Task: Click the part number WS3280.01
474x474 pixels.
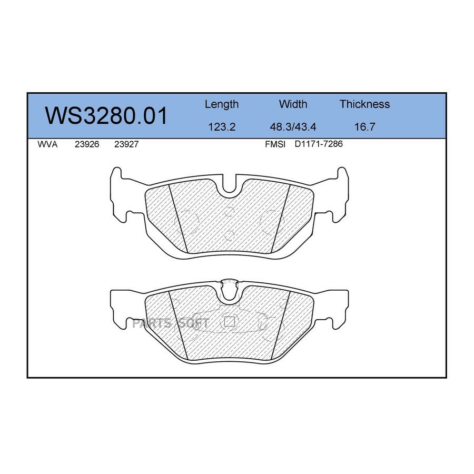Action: pos(106,115)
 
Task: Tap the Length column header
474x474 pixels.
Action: pos(222,105)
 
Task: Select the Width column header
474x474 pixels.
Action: pos(293,104)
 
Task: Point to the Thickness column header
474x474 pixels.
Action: pos(364,104)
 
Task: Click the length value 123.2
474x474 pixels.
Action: pos(222,126)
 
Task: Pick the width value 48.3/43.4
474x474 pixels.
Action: pos(293,126)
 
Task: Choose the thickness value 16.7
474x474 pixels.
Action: pos(364,126)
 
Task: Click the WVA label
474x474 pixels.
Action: pos(47,144)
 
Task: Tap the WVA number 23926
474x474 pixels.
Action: pos(87,144)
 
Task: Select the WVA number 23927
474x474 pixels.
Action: pos(126,144)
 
